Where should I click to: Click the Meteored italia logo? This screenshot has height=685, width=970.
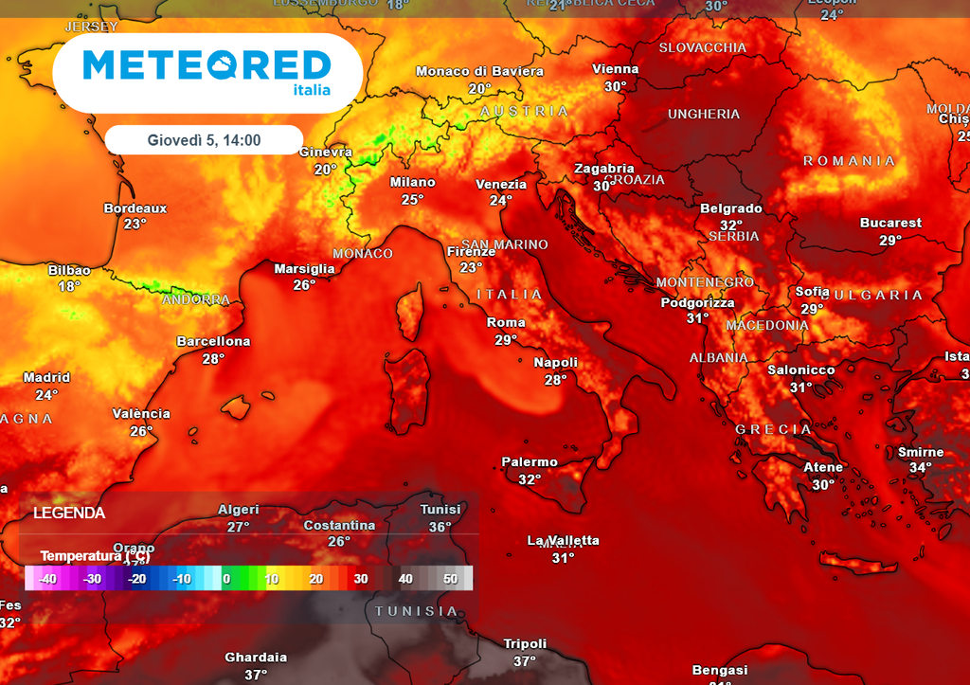[207, 72]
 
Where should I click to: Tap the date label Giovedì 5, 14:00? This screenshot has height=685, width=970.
[204, 140]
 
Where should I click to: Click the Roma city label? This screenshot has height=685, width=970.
[506, 322]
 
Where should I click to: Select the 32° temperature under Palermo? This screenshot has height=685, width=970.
[529, 479]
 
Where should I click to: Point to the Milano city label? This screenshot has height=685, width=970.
[412, 182]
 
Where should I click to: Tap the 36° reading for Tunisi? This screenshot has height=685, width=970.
[440, 527]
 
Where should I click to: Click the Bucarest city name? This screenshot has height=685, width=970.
[890, 223]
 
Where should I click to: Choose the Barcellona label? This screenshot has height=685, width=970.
[213, 341]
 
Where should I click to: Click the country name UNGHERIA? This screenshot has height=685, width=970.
[704, 114]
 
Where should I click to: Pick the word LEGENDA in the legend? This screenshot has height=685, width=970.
[69, 513]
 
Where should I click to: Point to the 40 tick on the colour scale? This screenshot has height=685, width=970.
[405, 578]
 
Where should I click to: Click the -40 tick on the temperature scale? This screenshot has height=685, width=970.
[46, 578]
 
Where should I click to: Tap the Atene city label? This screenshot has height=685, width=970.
[823, 467]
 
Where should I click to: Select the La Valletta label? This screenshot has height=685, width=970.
[563, 540]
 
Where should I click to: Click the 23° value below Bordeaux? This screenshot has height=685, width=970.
[135, 224]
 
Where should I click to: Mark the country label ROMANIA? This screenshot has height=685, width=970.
[849, 161]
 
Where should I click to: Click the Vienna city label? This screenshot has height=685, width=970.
[616, 69]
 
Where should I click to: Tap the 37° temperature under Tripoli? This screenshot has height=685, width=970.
[525, 661]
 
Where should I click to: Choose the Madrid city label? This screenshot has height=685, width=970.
[46, 377]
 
